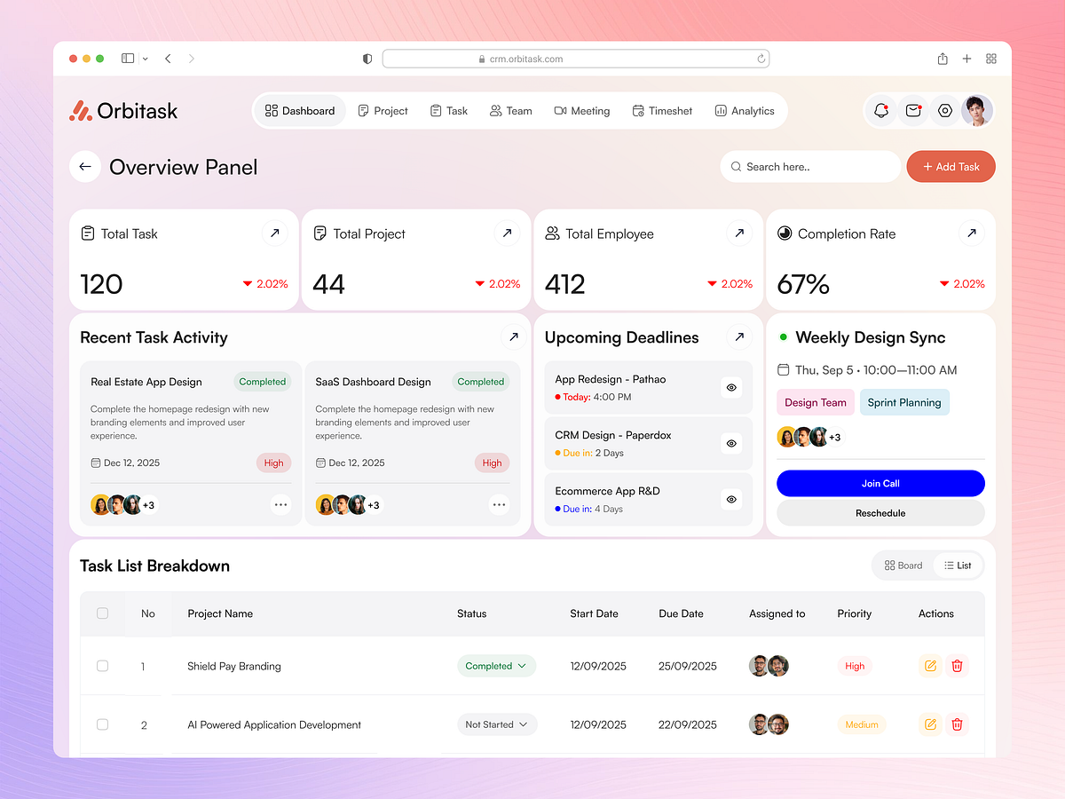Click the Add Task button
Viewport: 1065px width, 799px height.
pyautogui.click(x=951, y=167)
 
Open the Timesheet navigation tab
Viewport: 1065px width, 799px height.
pyautogui.click(x=662, y=111)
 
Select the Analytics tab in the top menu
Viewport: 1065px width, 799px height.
pyautogui.click(x=745, y=111)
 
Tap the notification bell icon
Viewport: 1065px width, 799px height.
pyautogui.click(x=881, y=111)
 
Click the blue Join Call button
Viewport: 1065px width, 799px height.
pyautogui.click(x=880, y=484)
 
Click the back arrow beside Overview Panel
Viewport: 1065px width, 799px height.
pyautogui.click(x=85, y=167)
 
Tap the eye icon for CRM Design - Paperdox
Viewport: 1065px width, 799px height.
pyautogui.click(x=731, y=443)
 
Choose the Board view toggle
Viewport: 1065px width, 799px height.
pyautogui.click(x=903, y=566)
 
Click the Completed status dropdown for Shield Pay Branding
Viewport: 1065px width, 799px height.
pyautogui.click(x=496, y=666)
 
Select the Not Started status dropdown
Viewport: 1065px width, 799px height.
pyautogui.click(x=497, y=724)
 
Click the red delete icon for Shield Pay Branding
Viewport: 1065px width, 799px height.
pyautogui.click(x=957, y=666)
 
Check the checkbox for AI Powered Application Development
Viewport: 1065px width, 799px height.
pyautogui.click(x=102, y=724)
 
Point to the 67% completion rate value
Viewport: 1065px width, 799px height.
pyautogui.click(x=803, y=284)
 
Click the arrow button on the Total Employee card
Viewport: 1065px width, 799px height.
pyautogui.click(x=739, y=233)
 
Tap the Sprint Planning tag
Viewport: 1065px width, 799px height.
pyautogui.click(x=903, y=402)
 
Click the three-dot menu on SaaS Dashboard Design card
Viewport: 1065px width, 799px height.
pyautogui.click(x=499, y=505)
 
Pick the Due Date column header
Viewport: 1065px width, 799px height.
pyautogui.click(x=681, y=613)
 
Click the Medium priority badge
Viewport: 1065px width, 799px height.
pyautogui.click(x=861, y=724)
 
